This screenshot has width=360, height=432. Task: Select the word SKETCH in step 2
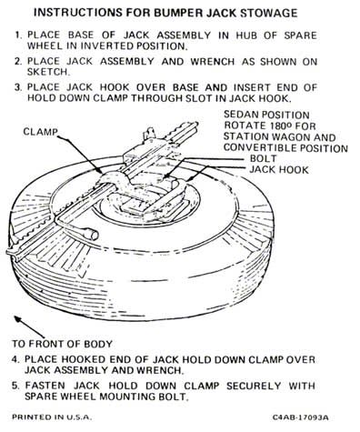[x=47, y=72]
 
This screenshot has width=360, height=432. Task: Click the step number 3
[x=17, y=87]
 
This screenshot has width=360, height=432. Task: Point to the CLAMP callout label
[x=41, y=132]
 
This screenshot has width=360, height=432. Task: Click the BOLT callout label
[x=263, y=158]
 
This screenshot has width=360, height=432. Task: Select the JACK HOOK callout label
[x=279, y=170]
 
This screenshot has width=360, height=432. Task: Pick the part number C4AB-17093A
[x=300, y=417]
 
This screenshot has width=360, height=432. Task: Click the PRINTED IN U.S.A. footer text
[x=52, y=417]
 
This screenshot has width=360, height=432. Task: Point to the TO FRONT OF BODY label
[x=62, y=344]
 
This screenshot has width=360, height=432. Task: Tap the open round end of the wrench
[x=92, y=235]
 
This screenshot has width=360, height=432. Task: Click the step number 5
[x=15, y=386]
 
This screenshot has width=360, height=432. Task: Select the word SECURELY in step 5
[x=254, y=386]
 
